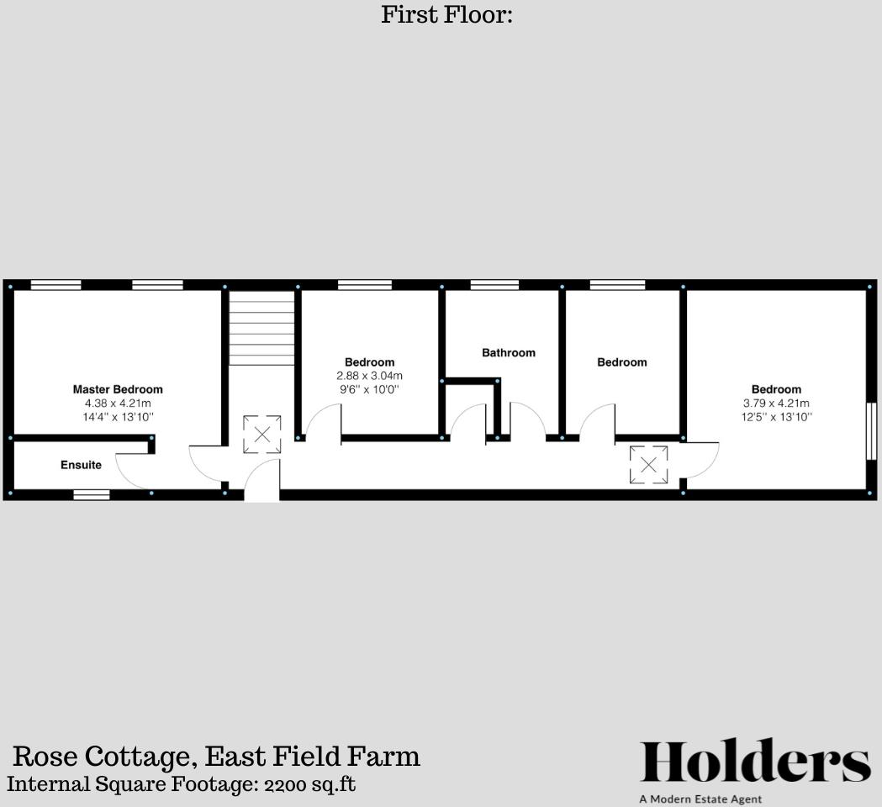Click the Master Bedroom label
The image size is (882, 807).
[x=118, y=389]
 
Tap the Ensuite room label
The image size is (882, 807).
[x=81, y=465]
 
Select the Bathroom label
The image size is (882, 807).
[x=508, y=352]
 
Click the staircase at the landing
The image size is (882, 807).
[x=261, y=328]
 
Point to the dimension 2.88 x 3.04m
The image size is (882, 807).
[x=369, y=376]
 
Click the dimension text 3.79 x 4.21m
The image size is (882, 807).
[x=776, y=403]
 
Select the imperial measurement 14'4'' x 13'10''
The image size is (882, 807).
[x=118, y=417]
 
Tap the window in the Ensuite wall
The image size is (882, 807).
[x=91, y=494]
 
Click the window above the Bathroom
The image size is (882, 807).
[x=494, y=285]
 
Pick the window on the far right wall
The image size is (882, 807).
[x=871, y=430]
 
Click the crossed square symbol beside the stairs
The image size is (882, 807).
[x=261, y=435]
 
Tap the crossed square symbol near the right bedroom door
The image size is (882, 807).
[x=648, y=465]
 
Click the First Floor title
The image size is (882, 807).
[x=446, y=14]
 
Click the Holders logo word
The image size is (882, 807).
[x=755, y=762]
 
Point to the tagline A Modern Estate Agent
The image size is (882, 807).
[x=700, y=799]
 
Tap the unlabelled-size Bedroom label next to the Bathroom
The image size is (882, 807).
[x=622, y=362]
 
